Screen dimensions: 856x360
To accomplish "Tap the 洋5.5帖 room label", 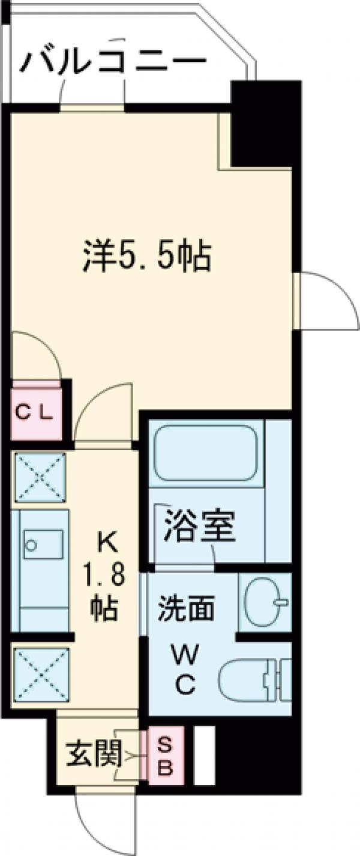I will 146,258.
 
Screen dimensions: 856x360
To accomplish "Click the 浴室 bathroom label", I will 199,526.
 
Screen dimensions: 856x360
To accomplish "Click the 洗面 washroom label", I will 186,609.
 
